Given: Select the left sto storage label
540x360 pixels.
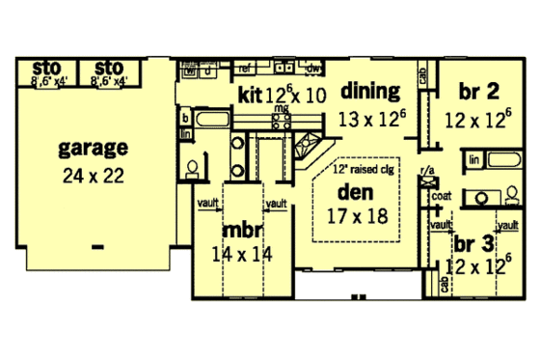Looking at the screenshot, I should pyautogui.click(x=46, y=67).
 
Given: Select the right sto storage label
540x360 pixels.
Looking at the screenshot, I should pyautogui.click(x=109, y=67).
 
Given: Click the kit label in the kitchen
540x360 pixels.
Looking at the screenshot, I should pyautogui.click(x=250, y=94).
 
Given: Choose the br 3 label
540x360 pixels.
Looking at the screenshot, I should pyautogui.click(x=475, y=242).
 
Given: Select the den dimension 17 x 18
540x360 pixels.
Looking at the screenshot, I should pyautogui.click(x=357, y=216).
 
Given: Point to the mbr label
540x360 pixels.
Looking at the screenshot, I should pyautogui.click(x=241, y=233).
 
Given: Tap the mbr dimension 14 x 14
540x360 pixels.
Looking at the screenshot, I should pyautogui.click(x=242, y=256).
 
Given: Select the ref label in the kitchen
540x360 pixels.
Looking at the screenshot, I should pyautogui.click(x=245, y=69).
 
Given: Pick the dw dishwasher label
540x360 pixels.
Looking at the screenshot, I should pyautogui.click(x=311, y=69).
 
